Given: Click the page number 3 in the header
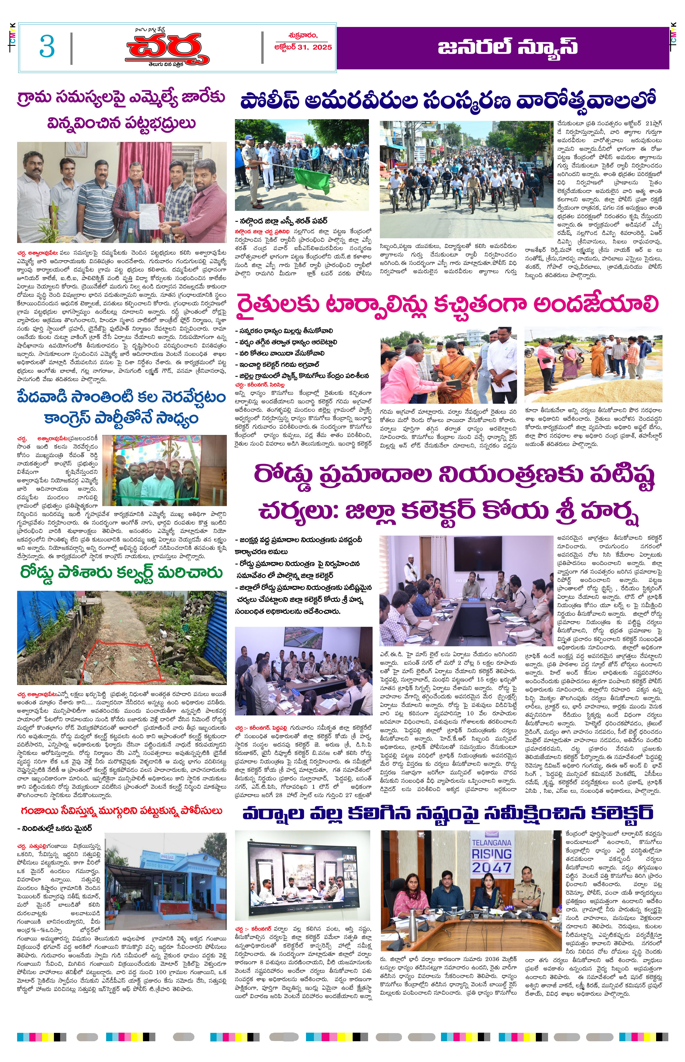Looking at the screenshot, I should pos(47,46).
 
